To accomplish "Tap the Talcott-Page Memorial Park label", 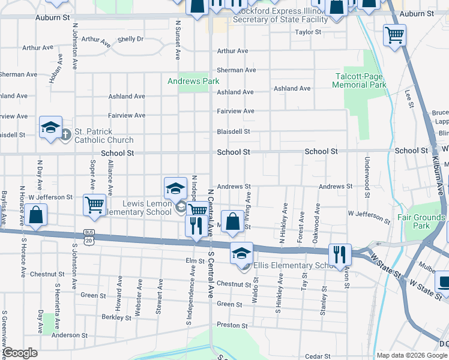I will [x=360, y=80].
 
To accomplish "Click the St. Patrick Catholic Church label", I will [x=104, y=136].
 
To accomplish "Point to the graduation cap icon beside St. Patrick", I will [x=51, y=127].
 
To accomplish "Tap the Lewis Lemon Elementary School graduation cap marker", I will [x=175, y=188].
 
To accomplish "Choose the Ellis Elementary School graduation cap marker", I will [x=241, y=253].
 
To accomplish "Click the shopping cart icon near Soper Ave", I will [x=95, y=205].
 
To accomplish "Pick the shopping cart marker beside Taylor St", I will [x=394, y=35].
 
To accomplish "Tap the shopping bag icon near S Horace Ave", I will [x=36, y=216].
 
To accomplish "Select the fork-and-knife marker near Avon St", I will [x=340, y=254].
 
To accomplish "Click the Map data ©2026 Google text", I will [x=412, y=355].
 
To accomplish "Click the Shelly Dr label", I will [x=130, y=39].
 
